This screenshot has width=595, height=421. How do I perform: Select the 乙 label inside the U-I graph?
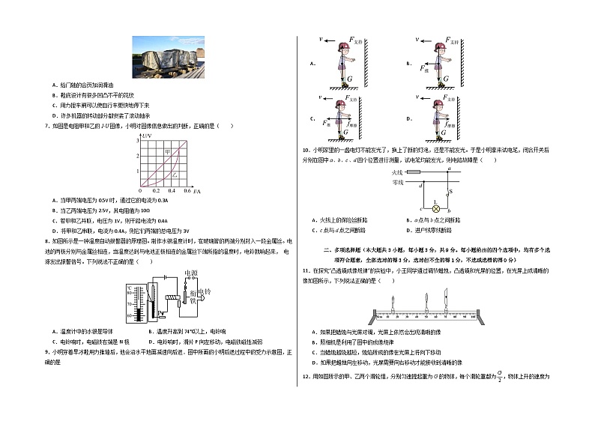173,174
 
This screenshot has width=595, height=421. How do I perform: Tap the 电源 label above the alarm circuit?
190,274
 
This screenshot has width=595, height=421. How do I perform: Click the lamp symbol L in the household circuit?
410,209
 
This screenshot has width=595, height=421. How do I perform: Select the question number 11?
306,270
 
